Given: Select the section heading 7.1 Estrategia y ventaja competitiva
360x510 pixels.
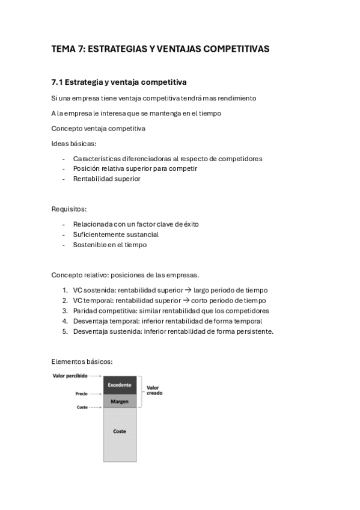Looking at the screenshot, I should click(x=119, y=82).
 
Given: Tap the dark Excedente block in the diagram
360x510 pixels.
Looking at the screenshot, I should click(x=119, y=385).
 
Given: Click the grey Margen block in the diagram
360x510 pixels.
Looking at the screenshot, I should click(x=119, y=401).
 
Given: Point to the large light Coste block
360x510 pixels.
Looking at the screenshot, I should click(x=119, y=431).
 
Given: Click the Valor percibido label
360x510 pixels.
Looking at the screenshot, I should click(x=70, y=376).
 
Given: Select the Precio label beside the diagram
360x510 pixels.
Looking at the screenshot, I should click(x=82, y=394).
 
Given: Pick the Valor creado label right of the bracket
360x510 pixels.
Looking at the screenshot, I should click(x=154, y=390).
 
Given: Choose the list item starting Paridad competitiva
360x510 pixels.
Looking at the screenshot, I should click(x=171, y=311).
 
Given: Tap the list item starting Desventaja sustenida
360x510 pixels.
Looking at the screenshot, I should click(x=173, y=331).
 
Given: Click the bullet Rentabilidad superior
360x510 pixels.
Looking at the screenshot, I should click(x=106, y=179).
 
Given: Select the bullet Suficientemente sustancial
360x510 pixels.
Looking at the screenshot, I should click(x=115, y=235).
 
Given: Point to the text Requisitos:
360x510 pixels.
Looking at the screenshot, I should click(x=69, y=209).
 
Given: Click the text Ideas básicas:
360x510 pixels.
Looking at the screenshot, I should click(x=74, y=144).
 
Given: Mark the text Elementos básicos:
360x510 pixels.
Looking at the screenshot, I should click(x=82, y=361).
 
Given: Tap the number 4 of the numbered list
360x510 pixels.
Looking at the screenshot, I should click(x=65, y=321).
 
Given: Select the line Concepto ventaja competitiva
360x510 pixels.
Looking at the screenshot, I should click(x=98, y=128).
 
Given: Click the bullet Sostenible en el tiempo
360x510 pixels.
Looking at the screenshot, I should click(x=109, y=245).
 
